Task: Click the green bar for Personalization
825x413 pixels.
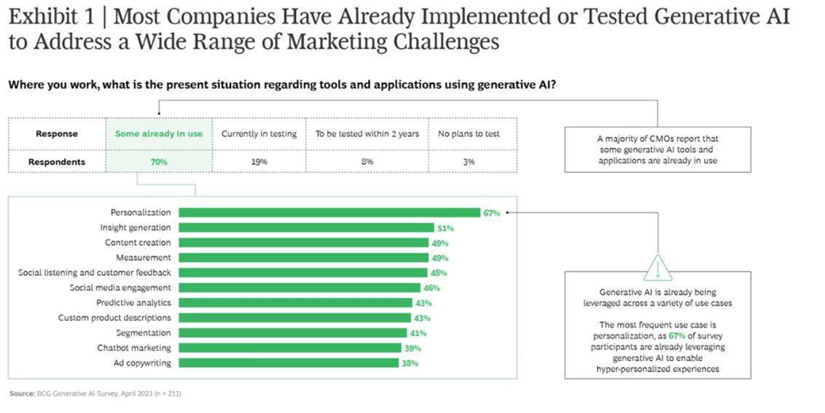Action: [329, 212]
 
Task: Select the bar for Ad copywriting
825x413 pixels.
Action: [288, 363]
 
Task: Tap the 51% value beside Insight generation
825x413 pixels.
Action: [445, 228]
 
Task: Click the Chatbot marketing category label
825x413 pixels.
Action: [134, 348]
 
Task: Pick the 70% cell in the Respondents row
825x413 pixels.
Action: [159, 161]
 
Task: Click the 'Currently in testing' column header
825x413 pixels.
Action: [259, 134]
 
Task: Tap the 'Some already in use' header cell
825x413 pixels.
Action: [159, 134]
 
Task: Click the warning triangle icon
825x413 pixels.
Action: [657, 269]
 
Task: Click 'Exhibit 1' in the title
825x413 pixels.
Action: [46, 18]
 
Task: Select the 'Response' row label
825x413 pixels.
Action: [56, 134]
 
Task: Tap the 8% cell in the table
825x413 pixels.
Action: [367, 161]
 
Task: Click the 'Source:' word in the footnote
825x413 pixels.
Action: [21, 393]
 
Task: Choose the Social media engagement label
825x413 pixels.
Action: [120, 287]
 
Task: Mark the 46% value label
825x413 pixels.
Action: [431, 288]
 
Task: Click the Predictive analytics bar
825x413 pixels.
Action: [295, 303]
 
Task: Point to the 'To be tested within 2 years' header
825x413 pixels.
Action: [367, 134]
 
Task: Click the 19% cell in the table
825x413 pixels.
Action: [259, 161]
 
